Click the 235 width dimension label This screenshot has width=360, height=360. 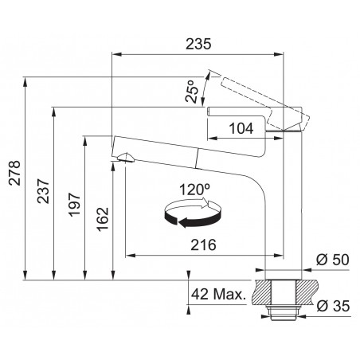198,44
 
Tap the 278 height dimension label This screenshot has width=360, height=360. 14,173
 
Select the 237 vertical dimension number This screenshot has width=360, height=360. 43,191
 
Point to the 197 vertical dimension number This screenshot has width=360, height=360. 74,205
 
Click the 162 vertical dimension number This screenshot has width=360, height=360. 103,219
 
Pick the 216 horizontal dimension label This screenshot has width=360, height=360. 203,245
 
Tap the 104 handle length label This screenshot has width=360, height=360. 241,128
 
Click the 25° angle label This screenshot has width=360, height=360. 192,91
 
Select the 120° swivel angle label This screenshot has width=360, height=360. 194,190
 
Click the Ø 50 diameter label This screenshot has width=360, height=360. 332,260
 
